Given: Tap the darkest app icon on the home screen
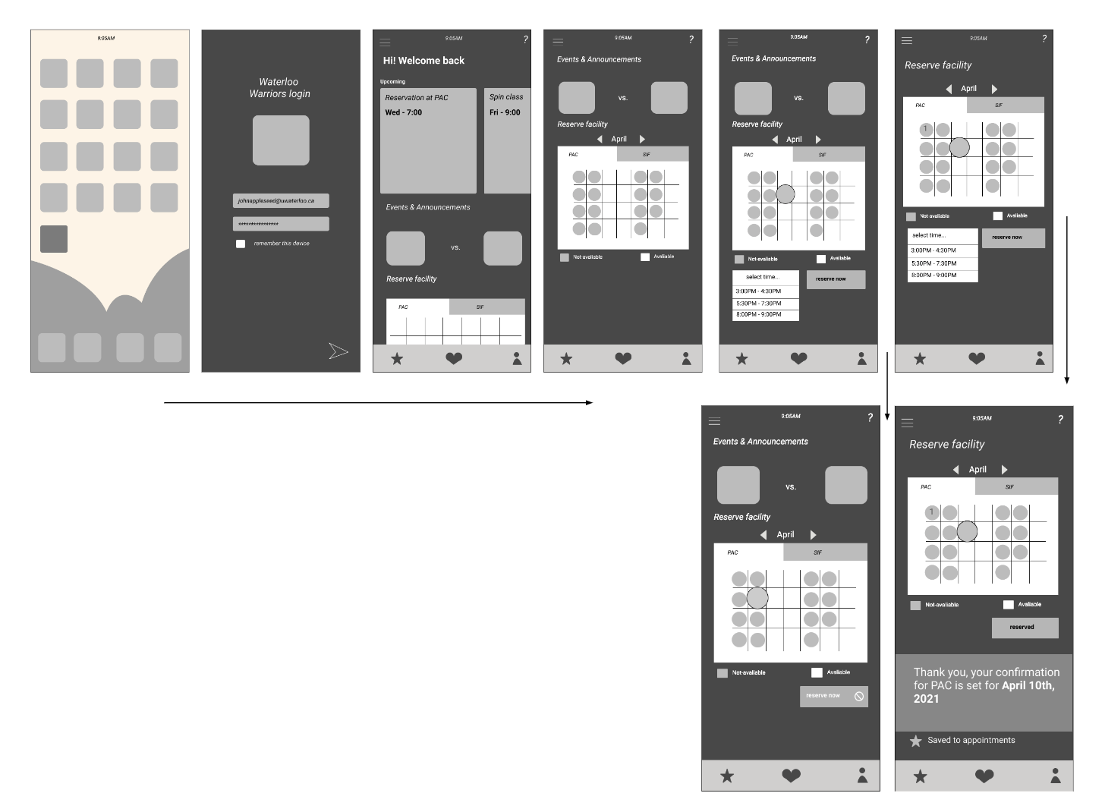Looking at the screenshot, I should click(54, 239).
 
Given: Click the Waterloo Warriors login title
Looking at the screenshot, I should click(279, 88).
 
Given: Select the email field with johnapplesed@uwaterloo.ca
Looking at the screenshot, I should click(281, 201).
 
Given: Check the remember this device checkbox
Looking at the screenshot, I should click(241, 244).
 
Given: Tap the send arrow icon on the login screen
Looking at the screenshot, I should click(338, 351).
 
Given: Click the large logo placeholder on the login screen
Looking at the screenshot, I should click(281, 140).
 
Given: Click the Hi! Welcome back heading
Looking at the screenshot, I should click(423, 61).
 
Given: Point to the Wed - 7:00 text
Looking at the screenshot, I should click(404, 112).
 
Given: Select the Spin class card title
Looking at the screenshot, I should click(506, 97).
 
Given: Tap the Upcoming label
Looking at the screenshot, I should click(393, 81).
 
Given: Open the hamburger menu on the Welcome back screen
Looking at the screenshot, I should click(386, 42).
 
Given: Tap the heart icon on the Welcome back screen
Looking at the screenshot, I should click(454, 359).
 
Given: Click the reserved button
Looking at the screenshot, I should click(1025, 628).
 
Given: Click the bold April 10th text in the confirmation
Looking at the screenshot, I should click(1028, 685).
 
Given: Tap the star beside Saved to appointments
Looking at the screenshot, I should click(916, 741).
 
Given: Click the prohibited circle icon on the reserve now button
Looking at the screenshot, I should click(859, 697).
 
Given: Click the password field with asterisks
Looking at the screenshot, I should click(281, 224).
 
